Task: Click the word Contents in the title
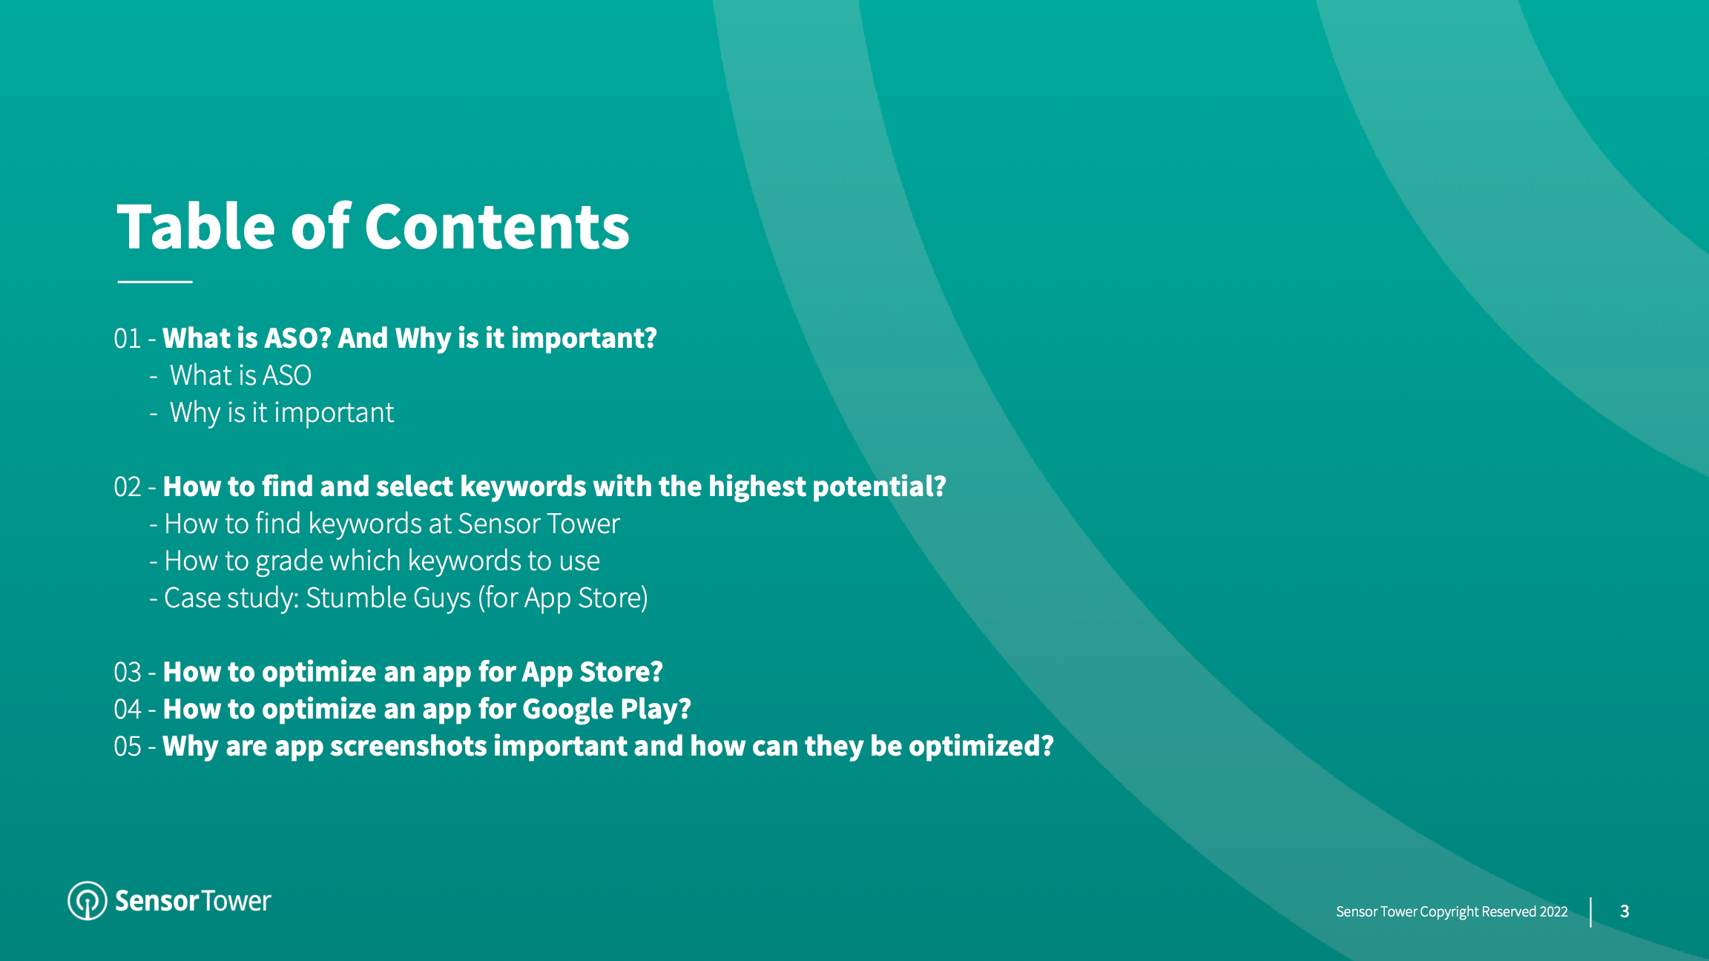click(x=496, y=228)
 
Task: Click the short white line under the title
click(x=155, y=282)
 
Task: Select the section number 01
click(x=127, y=339)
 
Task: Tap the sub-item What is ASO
click(x=240, y=376)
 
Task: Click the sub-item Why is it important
click(x=282, y=413)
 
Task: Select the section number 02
click(x=127, y=487)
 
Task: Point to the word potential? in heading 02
click(x=879, y=487)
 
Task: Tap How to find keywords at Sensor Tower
click(x=391, y=524)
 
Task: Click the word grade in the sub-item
click(x=290, y=562)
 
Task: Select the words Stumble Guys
click(x=388, y=598)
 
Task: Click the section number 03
click(x=127, y=673)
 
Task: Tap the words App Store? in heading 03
click(x=592, y=673)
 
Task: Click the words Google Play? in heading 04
click(x=606, y=710)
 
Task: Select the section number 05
click(x=127, y=747)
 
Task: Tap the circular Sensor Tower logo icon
click(x=88, y=901)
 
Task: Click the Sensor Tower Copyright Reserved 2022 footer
click(x=1452, y=912)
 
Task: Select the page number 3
click(x=1624, y=912)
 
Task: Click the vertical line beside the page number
click(x=1591, y=912)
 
